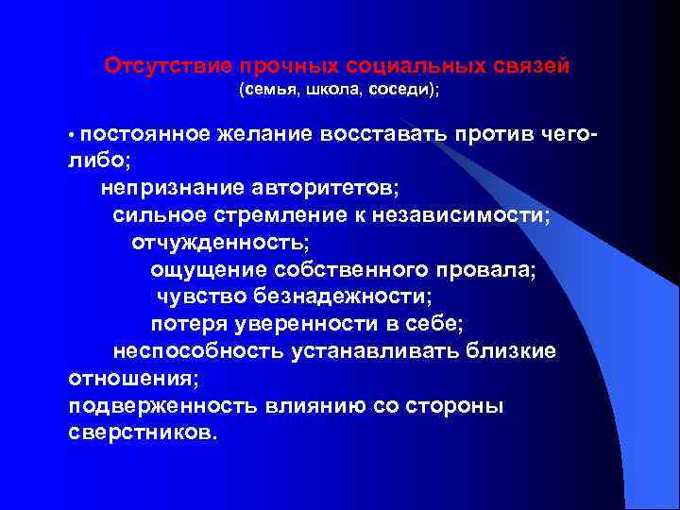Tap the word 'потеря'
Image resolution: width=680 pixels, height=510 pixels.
pyautogui.click(x=184, y=324)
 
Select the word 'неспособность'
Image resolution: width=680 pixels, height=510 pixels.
pyautogui.click(x=185, y=351)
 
